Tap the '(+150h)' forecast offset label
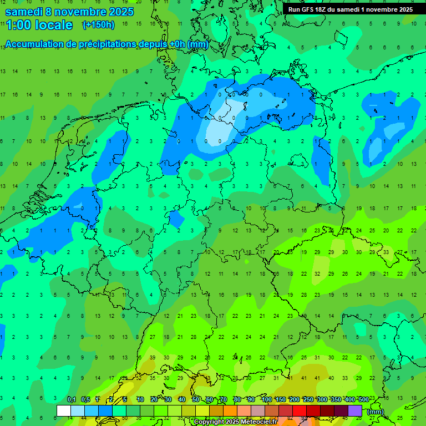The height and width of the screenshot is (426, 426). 98,25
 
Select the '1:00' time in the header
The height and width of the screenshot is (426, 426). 18,25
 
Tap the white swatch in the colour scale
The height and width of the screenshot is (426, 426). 64,410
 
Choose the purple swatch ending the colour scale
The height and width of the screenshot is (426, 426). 355,410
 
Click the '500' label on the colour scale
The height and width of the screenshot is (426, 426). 363,399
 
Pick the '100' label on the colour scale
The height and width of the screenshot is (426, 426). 266,399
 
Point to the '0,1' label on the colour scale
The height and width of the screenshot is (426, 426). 72,399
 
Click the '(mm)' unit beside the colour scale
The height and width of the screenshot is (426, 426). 376,412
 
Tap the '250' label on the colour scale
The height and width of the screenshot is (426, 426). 308,399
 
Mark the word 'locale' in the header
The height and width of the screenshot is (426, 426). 54,25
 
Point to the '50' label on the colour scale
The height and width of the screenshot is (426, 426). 196,399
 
